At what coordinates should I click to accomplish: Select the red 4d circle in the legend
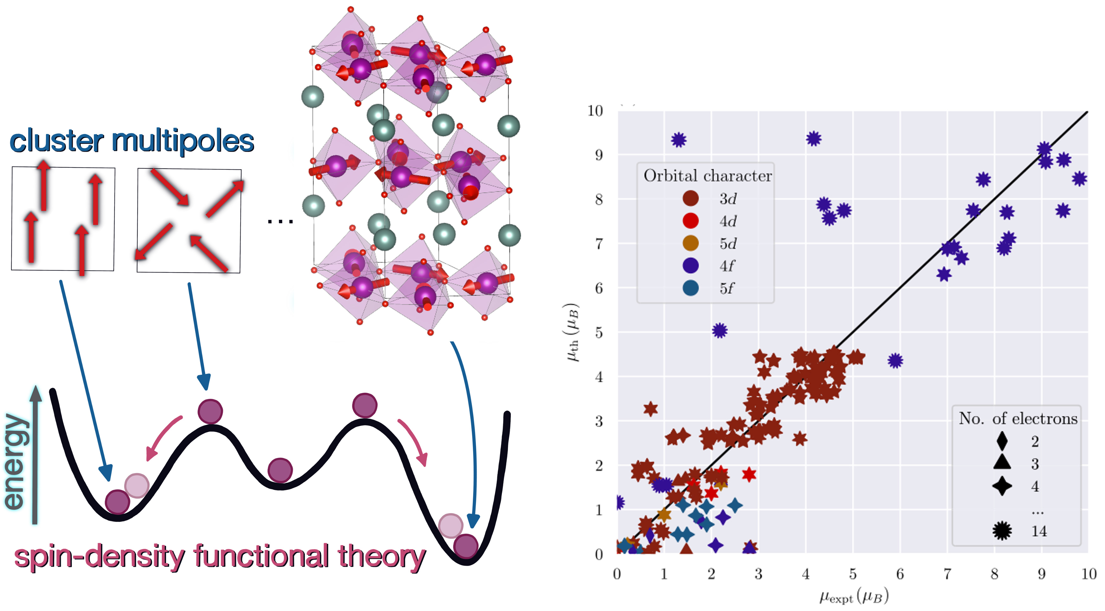point(690,221)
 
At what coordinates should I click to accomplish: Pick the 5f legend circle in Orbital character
point(690,288)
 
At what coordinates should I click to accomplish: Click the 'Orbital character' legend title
point(707,176)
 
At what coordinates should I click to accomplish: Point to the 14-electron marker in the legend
point(1002,531)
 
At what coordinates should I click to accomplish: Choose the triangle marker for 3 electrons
point(1002,462)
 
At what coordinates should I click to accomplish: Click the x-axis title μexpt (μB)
point(854,596)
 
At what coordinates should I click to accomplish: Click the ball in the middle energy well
point(280,470)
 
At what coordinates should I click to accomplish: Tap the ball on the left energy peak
point(210,411)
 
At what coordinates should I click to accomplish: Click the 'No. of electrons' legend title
point(1018,418)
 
